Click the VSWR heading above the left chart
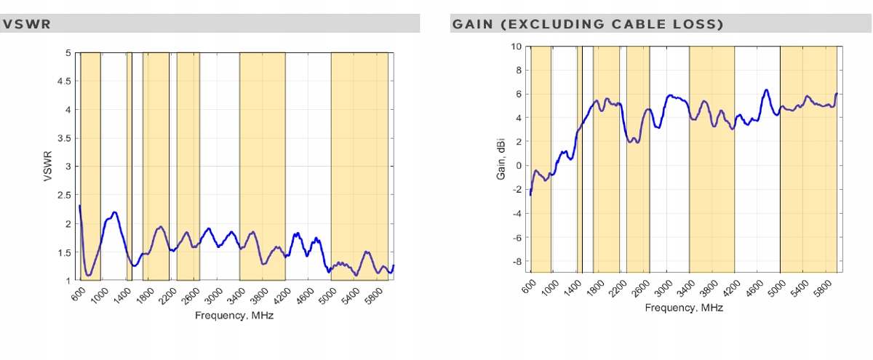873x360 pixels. [x=26, y=24]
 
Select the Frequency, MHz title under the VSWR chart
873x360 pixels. [x=234, y=316]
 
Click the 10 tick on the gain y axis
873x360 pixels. [x=517, y=47]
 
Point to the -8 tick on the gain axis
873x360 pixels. [x=517, y=261]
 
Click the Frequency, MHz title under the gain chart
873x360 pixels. [x=684, y=308]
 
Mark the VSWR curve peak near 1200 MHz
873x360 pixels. [x=115, y=212]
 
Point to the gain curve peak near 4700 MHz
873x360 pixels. [x=766, y=90]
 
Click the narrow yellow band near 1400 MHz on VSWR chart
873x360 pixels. [x=129, y=166]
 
